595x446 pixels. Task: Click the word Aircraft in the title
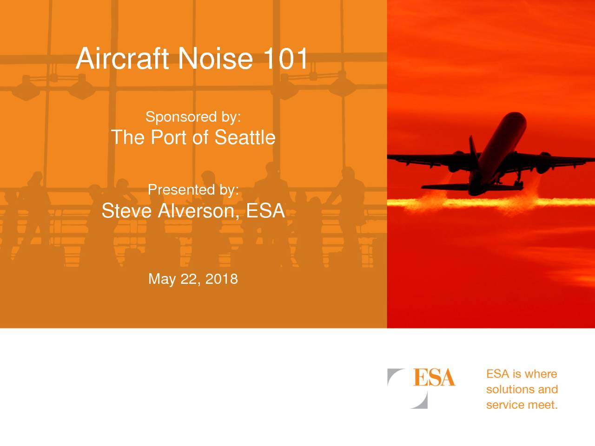[x=122, y=58]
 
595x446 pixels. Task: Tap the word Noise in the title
[x=215, y=58]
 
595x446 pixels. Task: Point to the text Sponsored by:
[x=193, y=117]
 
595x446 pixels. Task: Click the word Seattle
[x=245, y=138]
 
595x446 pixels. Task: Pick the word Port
[x=169, y=138]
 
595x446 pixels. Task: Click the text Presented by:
[x=193, y=190]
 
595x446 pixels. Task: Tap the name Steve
[x=126, y=210]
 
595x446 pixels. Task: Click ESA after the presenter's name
[x=265, y=210]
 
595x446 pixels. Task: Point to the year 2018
[x=221, y=279]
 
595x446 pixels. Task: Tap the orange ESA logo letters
[x=434, y=377]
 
